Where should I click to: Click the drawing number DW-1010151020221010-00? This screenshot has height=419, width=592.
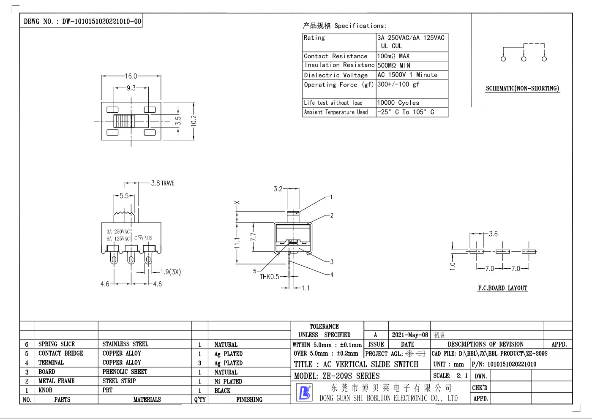[101, 22]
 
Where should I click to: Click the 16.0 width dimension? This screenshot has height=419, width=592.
[131, 76]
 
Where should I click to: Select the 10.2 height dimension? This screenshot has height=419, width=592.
[194, 121]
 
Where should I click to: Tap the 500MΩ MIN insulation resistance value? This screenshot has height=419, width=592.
[393, 65]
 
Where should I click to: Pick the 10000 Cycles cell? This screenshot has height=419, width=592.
[398, 103]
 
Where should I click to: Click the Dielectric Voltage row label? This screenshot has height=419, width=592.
[336, 75]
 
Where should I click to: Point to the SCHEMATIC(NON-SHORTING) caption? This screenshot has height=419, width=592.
[523, 88]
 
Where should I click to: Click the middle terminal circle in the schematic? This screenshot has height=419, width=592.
[524, 59]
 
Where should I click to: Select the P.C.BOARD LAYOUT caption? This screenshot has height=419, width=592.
[503, 288]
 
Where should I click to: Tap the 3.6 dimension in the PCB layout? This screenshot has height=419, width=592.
[493, 234]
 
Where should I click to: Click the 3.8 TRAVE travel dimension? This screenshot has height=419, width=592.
[163, 183]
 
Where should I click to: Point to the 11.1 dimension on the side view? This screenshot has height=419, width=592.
[237, 243]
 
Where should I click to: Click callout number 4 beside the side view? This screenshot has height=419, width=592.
[332, 275]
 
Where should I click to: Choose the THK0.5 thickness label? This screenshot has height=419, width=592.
[269, 277]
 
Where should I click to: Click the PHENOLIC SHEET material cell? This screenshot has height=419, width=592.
[125, 372]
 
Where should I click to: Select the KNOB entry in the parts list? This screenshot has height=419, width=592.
[45, 390]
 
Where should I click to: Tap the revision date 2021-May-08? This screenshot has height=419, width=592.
[409, 335]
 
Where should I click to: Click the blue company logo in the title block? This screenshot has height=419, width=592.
[304, 392]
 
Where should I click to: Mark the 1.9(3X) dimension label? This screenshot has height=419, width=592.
[171, 272]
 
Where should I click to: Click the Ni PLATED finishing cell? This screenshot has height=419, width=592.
[228, 381]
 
